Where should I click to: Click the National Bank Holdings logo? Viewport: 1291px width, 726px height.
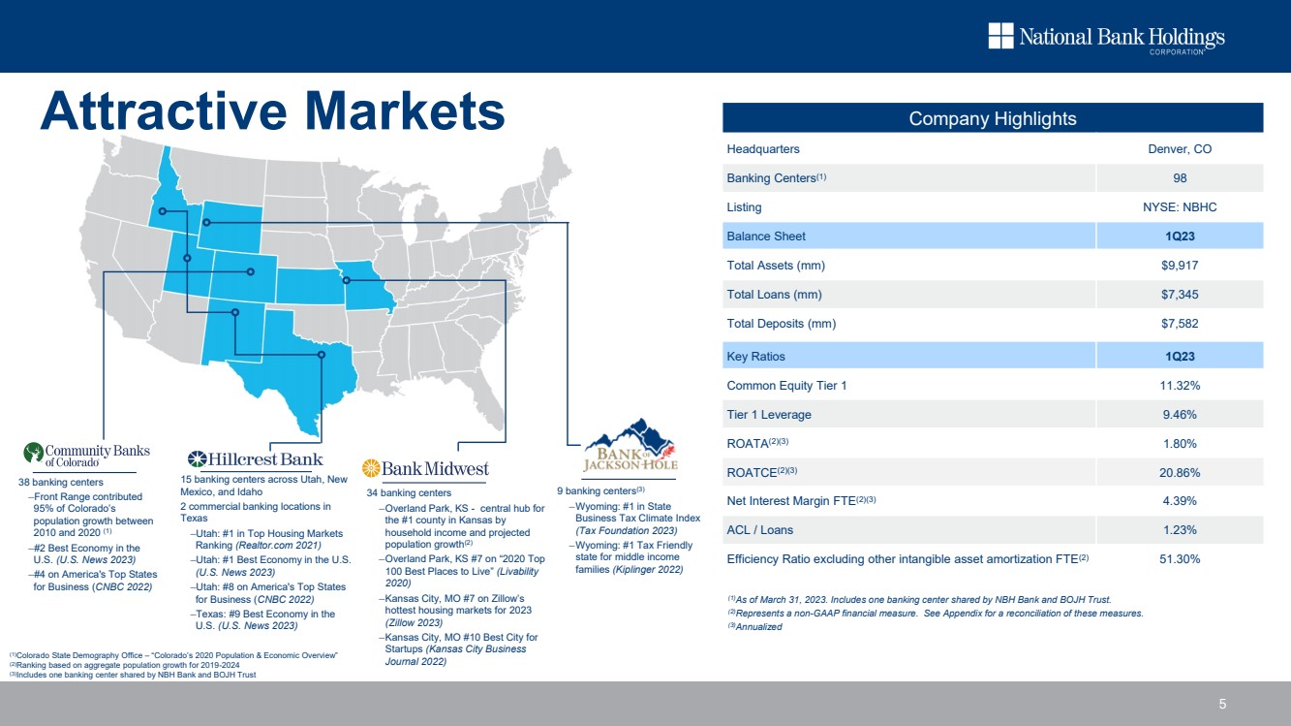[x=1107, y=38]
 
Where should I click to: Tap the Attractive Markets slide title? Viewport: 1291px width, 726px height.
[x=272, y=110]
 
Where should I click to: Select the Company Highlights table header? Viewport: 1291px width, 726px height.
[x=993, y=118]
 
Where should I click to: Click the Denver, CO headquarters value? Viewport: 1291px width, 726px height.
[x=1180, y=148]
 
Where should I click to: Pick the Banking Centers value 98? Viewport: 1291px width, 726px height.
[x=1180, y=177]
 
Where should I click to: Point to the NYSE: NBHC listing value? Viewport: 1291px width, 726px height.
[x=1180, y=207]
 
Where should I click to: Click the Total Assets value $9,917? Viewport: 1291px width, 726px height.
[x=1180, y=266]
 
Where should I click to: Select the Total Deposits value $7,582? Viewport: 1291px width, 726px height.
[x=1180, y=324]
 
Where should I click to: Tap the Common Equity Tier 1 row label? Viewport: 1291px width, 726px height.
[x=786, y=385]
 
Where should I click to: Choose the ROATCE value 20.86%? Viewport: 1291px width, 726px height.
[x=1180, y=473]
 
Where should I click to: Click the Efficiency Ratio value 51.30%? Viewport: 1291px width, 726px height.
[x=1180, y=558]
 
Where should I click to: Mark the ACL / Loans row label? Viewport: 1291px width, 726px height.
[x=759, y=530]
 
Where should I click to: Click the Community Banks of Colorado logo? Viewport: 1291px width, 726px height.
[x=86, y=455]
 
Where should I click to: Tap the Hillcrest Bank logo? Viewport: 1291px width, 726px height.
[x=255, y=459]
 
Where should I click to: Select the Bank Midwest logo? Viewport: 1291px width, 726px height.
[x=425, y=468]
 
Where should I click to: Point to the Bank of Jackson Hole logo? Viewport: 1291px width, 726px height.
[x=630, y=446]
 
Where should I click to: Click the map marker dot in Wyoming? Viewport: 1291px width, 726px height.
[x=206, y=223]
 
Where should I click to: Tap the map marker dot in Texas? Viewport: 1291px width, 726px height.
[x=322, y=355]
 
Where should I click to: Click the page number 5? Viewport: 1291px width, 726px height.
[x=1222, y=704]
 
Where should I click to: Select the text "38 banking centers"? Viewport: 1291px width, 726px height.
[x=60, y=482]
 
